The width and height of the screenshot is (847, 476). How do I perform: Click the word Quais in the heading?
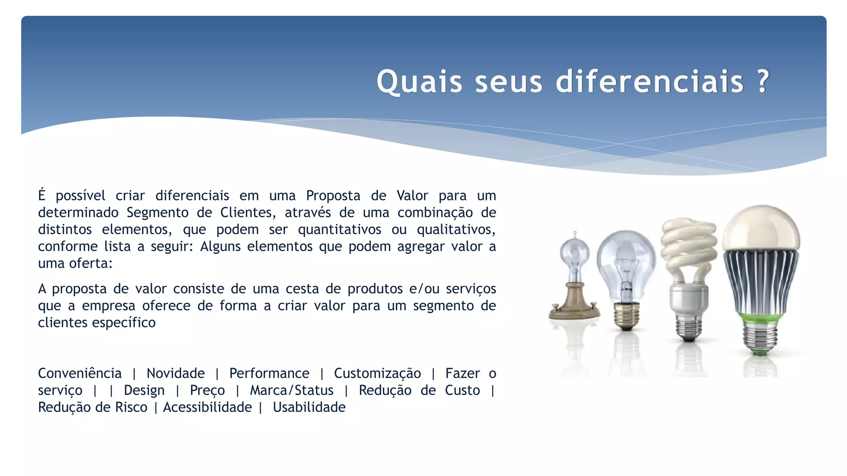[x=419, y=81]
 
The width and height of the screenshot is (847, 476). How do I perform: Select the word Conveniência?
[x=80, y=374]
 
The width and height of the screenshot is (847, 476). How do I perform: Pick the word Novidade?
[x=175, y=374]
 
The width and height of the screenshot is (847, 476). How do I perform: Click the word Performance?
[x=269, y=374]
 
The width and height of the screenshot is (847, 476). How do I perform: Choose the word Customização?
[x=377, y=374]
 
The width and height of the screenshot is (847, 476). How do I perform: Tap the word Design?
[x=144, y=390]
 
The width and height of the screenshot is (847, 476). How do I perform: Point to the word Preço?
[x=207, y=390]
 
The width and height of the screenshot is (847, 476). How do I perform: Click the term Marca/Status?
[x=292, y=390]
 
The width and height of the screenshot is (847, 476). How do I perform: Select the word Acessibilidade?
[x=207, y=407]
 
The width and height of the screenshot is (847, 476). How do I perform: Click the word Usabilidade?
[x=309, y=407]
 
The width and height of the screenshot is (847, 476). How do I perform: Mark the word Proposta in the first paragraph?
[x=333, y=195]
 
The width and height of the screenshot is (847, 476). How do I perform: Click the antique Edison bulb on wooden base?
[x=574, y=281]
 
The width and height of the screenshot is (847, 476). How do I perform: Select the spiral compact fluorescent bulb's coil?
[x=689, y=244]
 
